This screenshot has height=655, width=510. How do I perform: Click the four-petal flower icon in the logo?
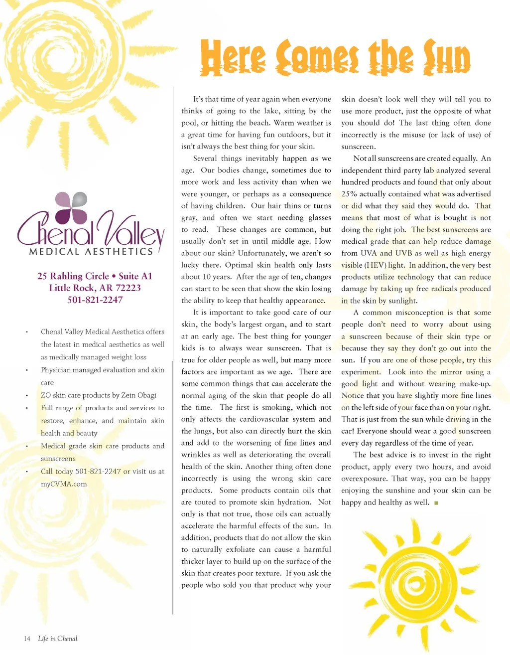point(71,208)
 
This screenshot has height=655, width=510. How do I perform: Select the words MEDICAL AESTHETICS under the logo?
point(91,252)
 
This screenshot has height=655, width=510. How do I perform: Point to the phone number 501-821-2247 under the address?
point(95,300)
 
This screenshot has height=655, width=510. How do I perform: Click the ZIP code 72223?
point(128,288)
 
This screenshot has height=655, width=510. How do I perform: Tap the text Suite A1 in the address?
point(135,276)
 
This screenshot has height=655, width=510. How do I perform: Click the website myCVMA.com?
point(64,484)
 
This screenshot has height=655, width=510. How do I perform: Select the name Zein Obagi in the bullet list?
point(138,395)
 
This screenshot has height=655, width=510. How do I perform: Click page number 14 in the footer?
point(27,639)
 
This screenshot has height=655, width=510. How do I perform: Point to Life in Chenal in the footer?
point(58,639)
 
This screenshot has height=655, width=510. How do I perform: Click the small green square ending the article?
point(436,503)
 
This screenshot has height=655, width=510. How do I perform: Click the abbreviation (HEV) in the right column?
point(375,265)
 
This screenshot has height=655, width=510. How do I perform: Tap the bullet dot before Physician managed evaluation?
point(27,370)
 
